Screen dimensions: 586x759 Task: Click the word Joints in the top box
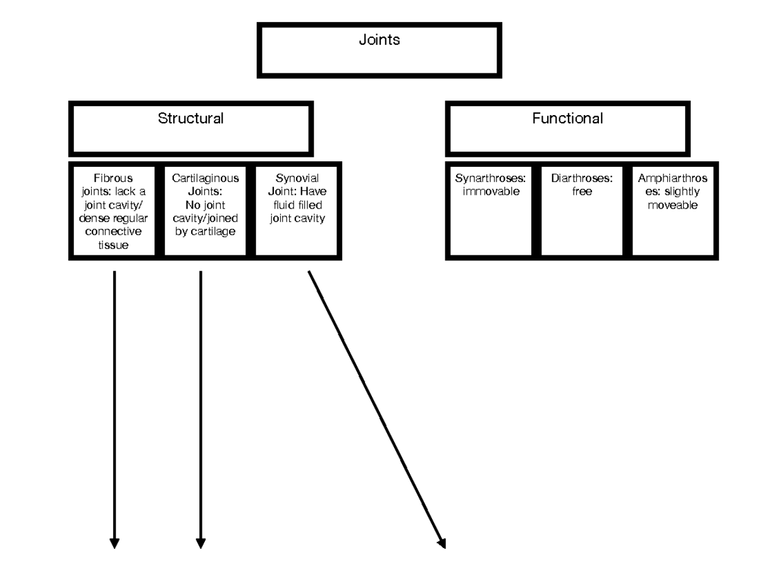click(x=379, y=40)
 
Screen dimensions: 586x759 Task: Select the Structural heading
click(x=190, y=119)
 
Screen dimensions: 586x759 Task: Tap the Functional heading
click(x=567, y=119)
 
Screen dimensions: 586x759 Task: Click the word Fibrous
click(x=114, y=178)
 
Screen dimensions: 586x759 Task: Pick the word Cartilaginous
click(x=205, y=178)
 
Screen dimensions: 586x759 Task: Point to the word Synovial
click(x=297, y=178)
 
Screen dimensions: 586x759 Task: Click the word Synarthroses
click(x=490, y=178)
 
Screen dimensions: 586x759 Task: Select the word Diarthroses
click(x=582, y=178)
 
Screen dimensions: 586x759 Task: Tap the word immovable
click(x=491, y=192)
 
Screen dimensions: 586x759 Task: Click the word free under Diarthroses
click(x=582, y=192)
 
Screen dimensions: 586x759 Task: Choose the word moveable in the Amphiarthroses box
click(x=672, y=205)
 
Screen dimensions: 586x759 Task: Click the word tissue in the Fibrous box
click(x=114, y=245)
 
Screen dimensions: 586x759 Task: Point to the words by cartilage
click(x=205, y=231)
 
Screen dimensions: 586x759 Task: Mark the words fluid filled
click(x=297, y=205)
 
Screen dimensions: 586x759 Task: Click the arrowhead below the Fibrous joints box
click(x=114, y=543)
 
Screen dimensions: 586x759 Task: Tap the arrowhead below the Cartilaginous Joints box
click(x=201, y=543)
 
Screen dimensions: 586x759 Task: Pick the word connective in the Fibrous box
click(x=114, y=232)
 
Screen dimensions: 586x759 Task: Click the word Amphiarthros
click(x=672, y=178)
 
